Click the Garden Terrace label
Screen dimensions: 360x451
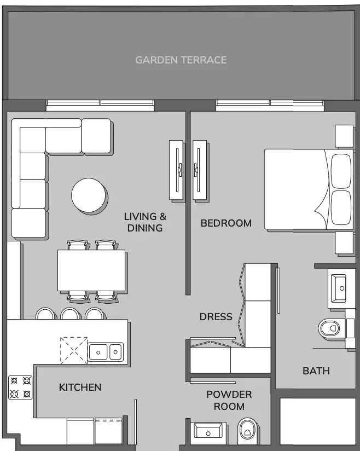coord(181,60)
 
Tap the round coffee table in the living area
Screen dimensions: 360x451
coord(88,195)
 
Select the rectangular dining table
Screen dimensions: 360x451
coord(91,270)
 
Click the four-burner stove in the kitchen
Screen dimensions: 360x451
coord(20,387)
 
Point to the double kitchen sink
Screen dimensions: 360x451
coord(106,351)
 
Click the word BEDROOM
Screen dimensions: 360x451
coord(226,223)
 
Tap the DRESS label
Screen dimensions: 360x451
coord(216,317)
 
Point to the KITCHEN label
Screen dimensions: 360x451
coord(80,388)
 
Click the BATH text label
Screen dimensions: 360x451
coord(316,371)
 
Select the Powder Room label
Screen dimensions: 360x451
coord(229,401)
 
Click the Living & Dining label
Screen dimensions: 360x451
coord(145,222)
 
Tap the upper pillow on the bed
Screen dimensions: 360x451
coord(341,171)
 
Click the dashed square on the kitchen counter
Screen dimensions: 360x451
coord(74,350)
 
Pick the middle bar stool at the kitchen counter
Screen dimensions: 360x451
coord(69,314)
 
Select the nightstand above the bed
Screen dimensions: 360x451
coord(344,136)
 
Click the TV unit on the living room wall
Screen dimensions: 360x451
coord(176,170)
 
